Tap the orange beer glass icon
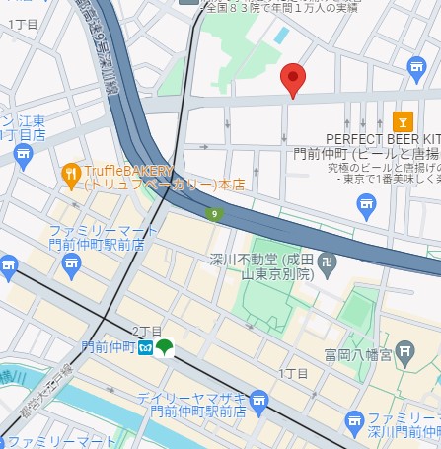[x=403, y=122]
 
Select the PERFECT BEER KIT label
[x=381, y=140]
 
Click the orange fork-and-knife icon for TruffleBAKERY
[x=71, y=176]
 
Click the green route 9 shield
[x=213, y=213]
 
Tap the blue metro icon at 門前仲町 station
[x=145, y=348]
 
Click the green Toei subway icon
[x=164, y=348]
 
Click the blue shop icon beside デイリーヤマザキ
[x=258, y=401]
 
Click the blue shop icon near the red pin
[x=416, y=66]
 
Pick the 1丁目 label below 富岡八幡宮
[x=293, y=373]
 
